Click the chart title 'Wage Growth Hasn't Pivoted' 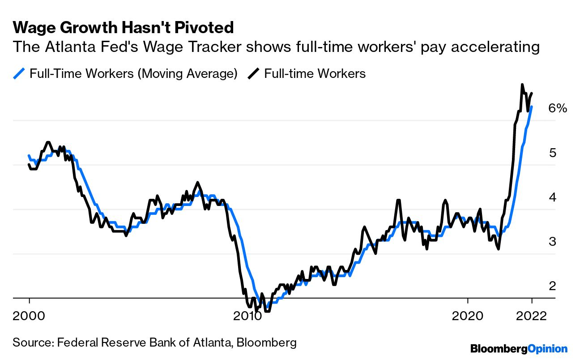[x=123, y=28]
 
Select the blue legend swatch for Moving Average [x=19, y=73]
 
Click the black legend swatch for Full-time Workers [x=254, y=73]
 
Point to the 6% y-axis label [x=558, y=108]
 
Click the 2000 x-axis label [x=29, y=315]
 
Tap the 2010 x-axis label [x=248, y=315]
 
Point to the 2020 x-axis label [x=468, y=315]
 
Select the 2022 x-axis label [x=532, y=315]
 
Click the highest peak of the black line [x=522, y=84]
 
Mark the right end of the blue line [x=532, y=107]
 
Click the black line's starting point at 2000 [x=29, y=165]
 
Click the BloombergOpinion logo [x=519, y=349]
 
